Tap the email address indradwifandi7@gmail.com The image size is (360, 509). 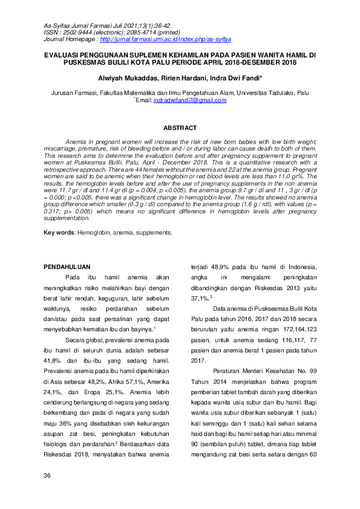(x=190, y=100)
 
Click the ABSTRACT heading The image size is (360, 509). (x=180, y=128)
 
